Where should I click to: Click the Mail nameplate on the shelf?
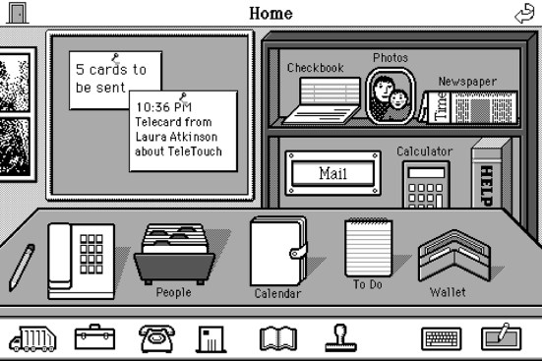[332, 173]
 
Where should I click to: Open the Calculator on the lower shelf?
[425, 183]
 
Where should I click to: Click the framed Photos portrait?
[390, 95]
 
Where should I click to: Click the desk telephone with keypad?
[82, 260]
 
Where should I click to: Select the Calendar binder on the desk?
[277, 252]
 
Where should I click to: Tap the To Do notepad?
[368, 248]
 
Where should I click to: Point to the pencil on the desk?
[22, 267]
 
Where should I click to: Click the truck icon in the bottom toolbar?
[31, 338]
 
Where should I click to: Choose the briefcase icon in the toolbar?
[95, 337]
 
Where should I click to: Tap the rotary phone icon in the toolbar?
[156, 338]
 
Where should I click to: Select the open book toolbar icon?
[277, 338]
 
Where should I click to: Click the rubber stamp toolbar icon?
[340, 337]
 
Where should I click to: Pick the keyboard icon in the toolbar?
[441, 338]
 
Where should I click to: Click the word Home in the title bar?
[271, 13]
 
